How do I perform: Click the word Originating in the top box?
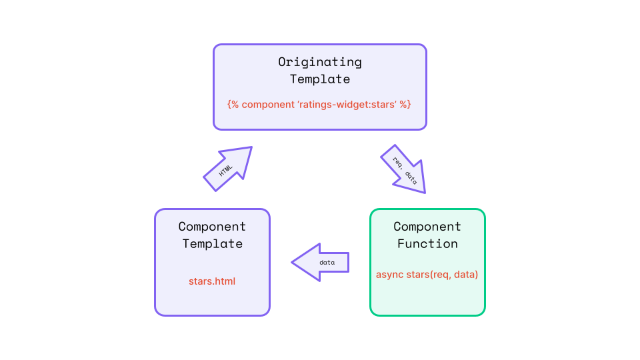click(320, 62)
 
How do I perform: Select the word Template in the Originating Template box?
click(320, 79)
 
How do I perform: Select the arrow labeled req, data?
click(403, 169)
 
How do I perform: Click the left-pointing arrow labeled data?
click(321, 262)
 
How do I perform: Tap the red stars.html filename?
click(212, 281)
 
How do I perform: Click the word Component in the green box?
click(427, 227)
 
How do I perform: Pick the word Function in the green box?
click(427, 243)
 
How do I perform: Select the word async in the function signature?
click(390, 274)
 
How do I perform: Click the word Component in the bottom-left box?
click(212, 227)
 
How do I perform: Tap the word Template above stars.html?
click(212, 243)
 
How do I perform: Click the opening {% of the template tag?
click(233, 105)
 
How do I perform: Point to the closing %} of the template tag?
click(405, 105)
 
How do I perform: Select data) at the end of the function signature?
click(466, 274)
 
